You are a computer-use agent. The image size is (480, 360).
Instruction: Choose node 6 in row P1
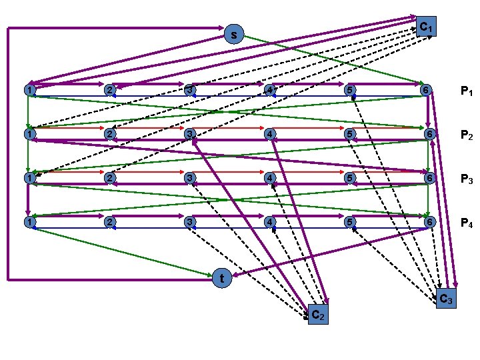point(427,89)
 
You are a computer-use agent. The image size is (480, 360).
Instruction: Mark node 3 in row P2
point(190,133)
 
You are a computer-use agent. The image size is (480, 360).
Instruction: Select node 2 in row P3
point(109,178)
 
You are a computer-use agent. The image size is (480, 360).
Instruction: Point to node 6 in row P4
point(427,221)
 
